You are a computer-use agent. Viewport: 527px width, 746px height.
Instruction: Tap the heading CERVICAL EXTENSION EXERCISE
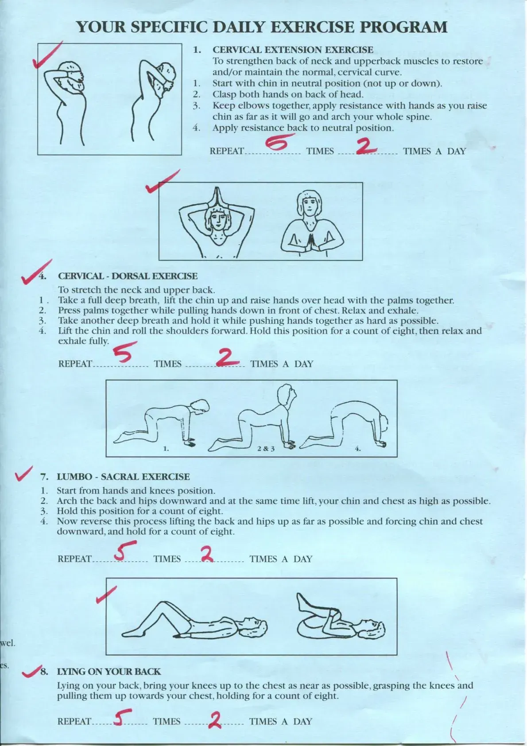click(293, 50)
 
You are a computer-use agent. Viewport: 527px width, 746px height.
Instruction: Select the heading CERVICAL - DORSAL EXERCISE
click(128, 276)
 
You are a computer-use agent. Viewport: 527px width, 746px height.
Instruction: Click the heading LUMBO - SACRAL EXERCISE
click(123, 477)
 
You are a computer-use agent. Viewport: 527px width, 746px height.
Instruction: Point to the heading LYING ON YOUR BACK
click(108, 672)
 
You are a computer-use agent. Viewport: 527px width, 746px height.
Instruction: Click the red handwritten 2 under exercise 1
click(367, 147)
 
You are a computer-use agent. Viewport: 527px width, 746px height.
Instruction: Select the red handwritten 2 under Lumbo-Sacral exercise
click(207, 554)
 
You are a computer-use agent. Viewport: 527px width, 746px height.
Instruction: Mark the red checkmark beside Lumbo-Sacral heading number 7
click(23, 474)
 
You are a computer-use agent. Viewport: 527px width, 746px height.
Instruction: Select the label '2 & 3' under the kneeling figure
click(266, 449)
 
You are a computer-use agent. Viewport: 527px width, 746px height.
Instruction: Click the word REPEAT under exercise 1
click(226, 151)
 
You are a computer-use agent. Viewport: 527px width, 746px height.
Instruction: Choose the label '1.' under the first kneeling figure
click(166, 449)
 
